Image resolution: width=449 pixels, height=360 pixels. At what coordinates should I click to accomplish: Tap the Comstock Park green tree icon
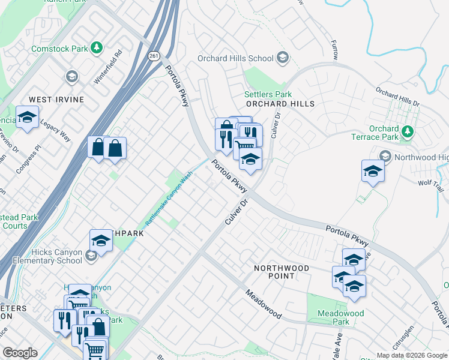pos(96,47)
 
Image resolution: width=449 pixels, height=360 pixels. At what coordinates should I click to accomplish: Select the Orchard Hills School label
pos(237,58)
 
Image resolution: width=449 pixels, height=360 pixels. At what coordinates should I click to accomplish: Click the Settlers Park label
pos(268,94)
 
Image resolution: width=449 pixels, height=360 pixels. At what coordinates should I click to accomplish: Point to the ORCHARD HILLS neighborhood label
pos(280,104)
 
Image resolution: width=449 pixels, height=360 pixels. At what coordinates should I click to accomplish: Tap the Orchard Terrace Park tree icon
pos(408,131)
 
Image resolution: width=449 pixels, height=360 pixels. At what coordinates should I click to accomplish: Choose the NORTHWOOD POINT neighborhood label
pos(281,272)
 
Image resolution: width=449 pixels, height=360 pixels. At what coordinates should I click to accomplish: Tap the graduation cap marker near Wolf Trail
pos(373,172)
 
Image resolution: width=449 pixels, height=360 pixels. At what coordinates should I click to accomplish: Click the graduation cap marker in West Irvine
pos(27,118)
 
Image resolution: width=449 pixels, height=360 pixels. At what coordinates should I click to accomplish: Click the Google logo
pos(20,353)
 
